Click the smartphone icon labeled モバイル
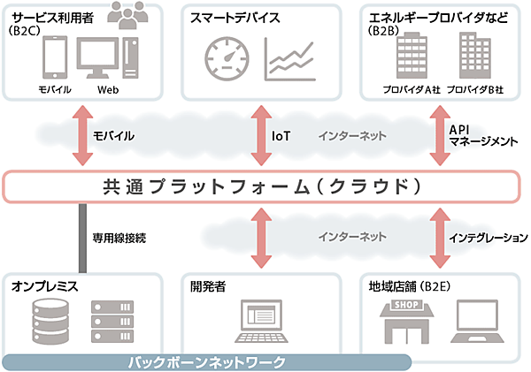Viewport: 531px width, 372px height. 55,59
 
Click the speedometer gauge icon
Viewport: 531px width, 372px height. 226,57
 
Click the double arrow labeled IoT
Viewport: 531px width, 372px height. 260,135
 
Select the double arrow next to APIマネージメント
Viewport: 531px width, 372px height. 438,135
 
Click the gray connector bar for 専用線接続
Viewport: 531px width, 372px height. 81,237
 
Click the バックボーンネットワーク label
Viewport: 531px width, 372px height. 206,361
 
